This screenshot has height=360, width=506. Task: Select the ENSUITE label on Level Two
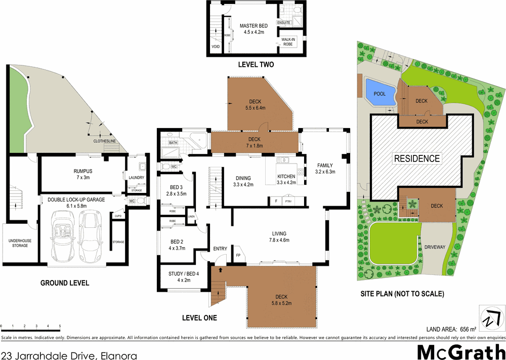point(283,23)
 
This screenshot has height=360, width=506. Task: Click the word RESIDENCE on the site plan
point(417,158)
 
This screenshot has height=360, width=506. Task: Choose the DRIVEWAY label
point(435,247)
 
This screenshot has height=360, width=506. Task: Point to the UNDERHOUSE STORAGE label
point(18,243)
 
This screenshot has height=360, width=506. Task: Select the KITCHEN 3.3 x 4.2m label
point(286,180)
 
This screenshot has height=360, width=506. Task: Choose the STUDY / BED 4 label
point(183,277)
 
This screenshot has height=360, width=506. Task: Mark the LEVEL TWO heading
point(256,65)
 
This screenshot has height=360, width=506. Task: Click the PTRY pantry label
point(289,202)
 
